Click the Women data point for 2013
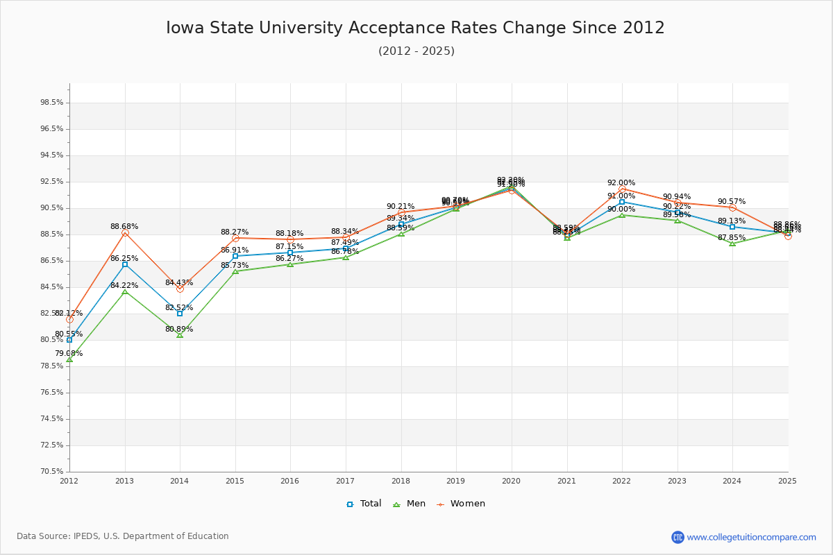pyautogui.click(x=125, y=233)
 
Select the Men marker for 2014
pyautogui.click(x=180, y=335)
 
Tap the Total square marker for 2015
pyautogui.click(x=235, y=256)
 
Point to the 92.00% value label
pyautogui.click(x=621, y=183)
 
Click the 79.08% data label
pyautogui.click(x=69, y=354)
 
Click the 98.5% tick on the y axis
pyautogui.click(x=52, y=103)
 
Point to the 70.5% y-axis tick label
pyautogui.click(x=52, y=472)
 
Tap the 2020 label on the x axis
pyautogui.click(x=511, y=480)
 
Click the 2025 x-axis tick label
pyautogui.click(x=787, y=480)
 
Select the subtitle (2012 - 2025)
pyautogui.click(x=416, y=51)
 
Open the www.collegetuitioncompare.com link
pyautogui.click(x=751, y=537)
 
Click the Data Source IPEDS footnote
pyautogui.click(x=123, y=536)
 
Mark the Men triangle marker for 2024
pyautogui.click(x=732, y=244)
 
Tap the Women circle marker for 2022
pyautogui.click(x=622, y=189)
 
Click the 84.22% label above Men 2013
pyautogui.click(x=124, y=286)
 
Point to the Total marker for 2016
pyautogui.click(x=290, y=253)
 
